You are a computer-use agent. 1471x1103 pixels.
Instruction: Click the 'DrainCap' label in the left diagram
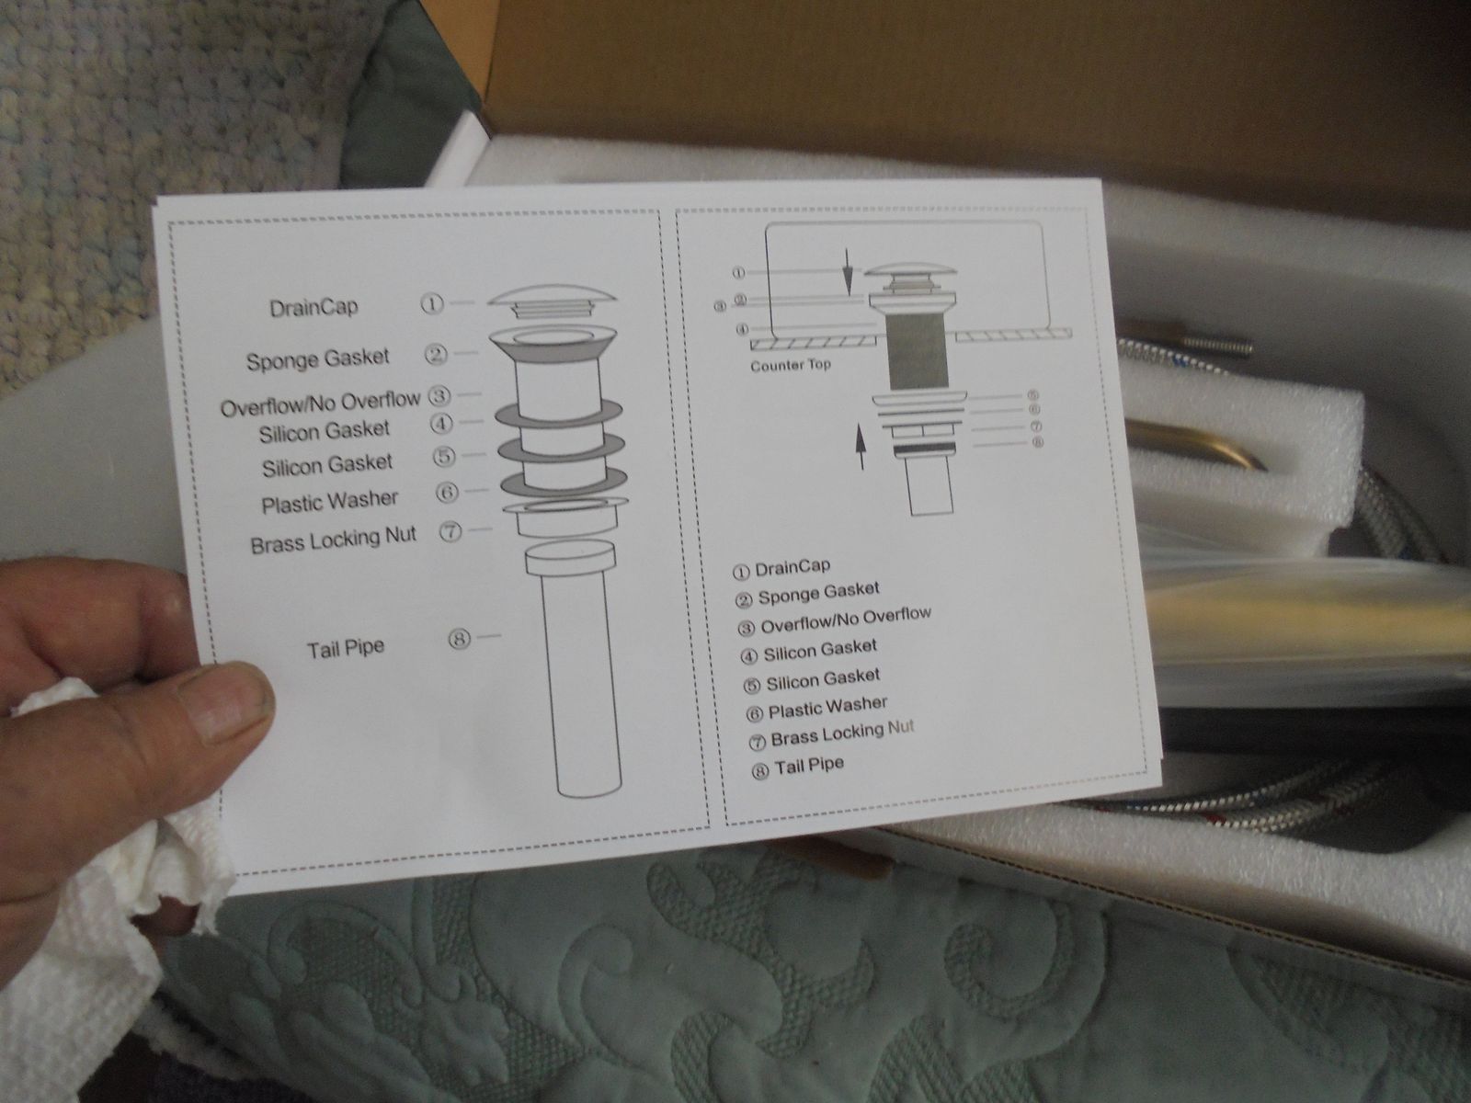(x=314, y=307)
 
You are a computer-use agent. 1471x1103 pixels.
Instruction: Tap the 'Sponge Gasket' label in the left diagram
(x=318, y=359)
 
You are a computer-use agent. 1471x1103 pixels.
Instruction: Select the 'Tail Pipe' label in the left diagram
(x=346, y=648)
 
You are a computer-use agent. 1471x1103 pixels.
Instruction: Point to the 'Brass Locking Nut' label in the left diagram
(x=333, y=540)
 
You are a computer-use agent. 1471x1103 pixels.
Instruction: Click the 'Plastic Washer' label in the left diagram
(x=330, y=502)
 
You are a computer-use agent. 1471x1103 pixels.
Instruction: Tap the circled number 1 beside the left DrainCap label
(x=431, y=304)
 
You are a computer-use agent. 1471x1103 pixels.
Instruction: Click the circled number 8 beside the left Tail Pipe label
(x=459, y=640)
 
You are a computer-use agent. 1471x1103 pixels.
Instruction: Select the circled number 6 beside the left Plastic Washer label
(x=447, y=493)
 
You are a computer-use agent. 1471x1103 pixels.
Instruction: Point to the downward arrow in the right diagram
(x=848, y=272)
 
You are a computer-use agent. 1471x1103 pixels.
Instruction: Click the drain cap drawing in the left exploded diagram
(x=552, y=302)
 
